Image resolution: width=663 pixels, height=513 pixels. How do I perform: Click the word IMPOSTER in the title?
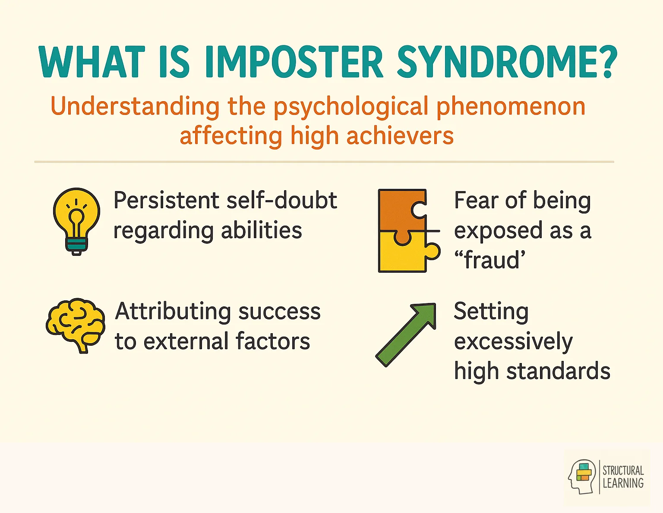tap(294, 62)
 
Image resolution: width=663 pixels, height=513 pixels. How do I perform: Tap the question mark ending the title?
tap(606, 62)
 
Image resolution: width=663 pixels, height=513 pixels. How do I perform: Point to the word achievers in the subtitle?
tap(400, 136)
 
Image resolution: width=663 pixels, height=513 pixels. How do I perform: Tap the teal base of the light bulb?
tap(76, 245)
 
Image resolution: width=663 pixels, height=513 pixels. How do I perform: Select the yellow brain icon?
tap(76, 324)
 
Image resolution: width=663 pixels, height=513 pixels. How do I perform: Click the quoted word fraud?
tap(490, 260)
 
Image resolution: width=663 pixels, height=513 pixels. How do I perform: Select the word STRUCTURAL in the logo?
tap(623, 470)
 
